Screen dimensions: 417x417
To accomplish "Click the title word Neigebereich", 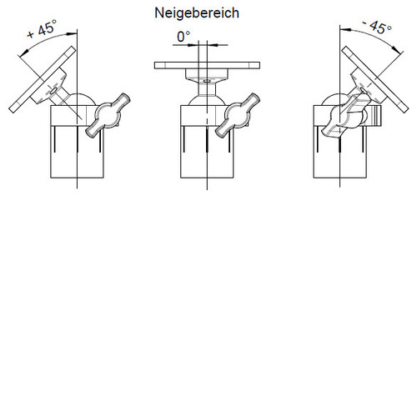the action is click(197, 13).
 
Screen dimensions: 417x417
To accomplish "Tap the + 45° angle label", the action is click(43, 28).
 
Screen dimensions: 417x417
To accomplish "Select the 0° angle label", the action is click(183, 37).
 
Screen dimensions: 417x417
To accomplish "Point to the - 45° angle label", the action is click(377, 27).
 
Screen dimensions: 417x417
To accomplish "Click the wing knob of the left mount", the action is click(108, 115).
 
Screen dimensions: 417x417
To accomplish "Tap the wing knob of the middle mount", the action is click(238, 115).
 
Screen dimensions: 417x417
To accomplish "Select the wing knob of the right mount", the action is click(346, 115).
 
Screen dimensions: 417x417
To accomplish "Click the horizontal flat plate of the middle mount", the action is click(207, 66).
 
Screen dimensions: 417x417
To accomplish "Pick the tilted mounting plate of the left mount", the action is click(43, 79).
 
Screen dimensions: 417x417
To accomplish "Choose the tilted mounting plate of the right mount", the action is click(375, 79).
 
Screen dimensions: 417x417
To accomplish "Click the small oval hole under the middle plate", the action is click(207, 81).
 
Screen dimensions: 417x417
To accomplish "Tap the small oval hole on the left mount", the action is click(53, 90).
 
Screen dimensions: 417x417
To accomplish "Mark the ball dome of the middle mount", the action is click(207, 100).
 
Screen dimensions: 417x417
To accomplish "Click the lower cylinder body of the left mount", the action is click(77, 152).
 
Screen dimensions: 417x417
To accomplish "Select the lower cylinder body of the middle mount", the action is click(207, 152).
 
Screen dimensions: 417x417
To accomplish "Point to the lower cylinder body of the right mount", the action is click(340, 152).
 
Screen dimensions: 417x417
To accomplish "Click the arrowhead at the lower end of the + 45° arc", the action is click(25, 52).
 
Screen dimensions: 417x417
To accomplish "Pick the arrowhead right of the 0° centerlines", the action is click(212, 45).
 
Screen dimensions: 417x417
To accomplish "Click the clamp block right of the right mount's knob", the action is click(375, 115).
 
